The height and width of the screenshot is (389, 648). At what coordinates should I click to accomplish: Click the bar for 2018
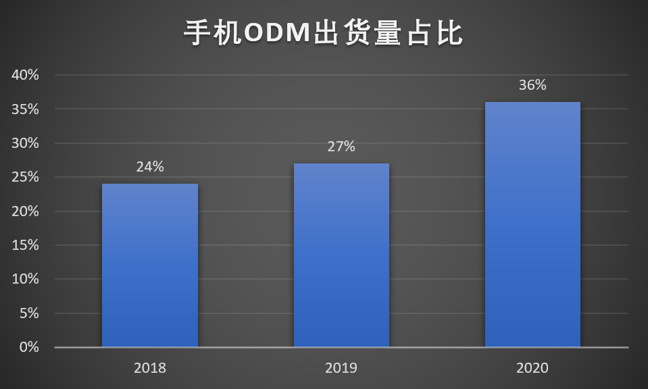[150, 265]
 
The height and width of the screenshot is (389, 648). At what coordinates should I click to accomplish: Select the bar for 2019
[341, 255]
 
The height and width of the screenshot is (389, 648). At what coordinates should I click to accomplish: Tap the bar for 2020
[532, 224]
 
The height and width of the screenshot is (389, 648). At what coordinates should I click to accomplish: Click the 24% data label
[150, 167]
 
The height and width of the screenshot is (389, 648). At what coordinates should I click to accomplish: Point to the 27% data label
[341, 147]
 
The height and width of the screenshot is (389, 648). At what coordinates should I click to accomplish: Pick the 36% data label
[532, 85]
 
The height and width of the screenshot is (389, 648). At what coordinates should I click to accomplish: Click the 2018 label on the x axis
[150, 368]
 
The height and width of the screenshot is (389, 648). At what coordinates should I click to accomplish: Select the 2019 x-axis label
[341, 368]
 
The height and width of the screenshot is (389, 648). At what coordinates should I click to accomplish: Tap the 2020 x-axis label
[532, 368]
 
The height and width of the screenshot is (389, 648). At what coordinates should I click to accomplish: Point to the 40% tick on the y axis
[25, 75]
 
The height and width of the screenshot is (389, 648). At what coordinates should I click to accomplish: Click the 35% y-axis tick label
[25, 109]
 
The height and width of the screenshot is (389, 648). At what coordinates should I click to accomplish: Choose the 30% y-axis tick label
[25, 143]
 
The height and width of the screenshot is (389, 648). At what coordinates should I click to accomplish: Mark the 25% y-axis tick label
[25, 177]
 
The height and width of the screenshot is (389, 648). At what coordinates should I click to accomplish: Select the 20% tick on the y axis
[25, 211]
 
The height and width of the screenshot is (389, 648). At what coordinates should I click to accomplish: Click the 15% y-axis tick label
[25, 245]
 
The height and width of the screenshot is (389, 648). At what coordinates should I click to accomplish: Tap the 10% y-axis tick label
[25, 279]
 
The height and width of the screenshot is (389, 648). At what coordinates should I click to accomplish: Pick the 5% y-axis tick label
[29, 313]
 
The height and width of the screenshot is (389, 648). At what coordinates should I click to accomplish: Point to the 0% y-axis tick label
[29, 347]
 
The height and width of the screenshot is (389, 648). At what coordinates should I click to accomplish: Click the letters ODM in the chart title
[277, 32]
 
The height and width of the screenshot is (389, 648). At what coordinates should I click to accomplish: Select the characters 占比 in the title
[434, 32]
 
